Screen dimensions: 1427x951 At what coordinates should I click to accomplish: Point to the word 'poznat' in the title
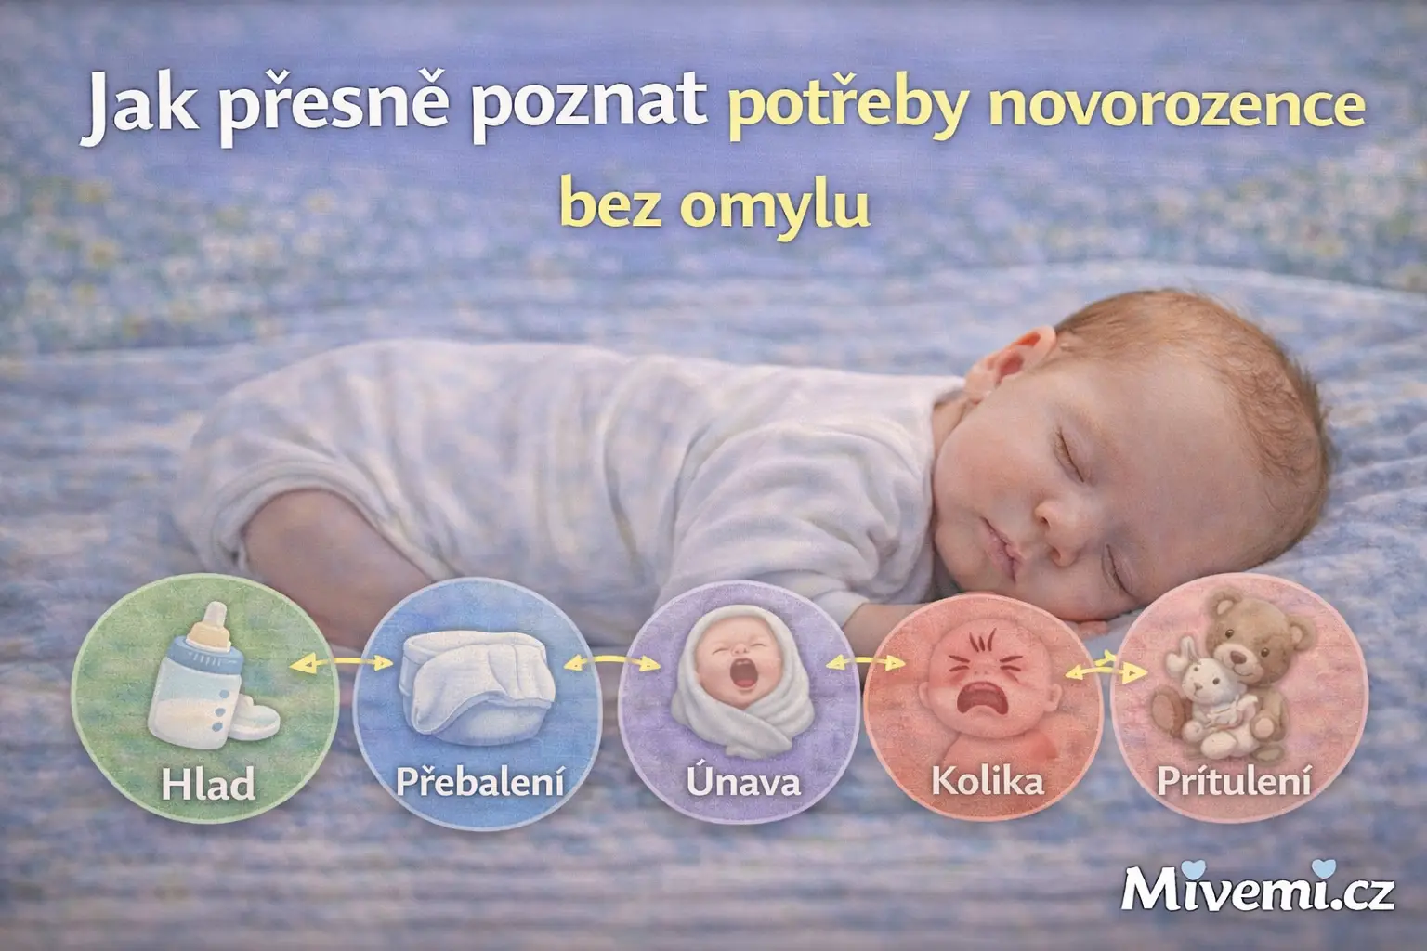point(589,109)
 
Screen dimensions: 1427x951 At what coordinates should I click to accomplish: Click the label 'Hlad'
point(208,783)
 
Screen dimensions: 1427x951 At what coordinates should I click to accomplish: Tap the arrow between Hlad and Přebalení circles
point(341,662)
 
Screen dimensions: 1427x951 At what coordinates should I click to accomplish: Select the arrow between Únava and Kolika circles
point(865,662)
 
